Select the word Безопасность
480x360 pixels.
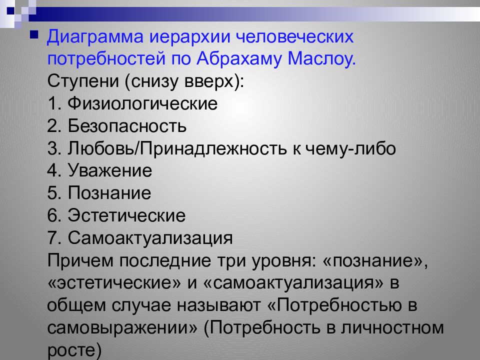128,126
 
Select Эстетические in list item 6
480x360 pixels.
127,216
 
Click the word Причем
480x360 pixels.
80,261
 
